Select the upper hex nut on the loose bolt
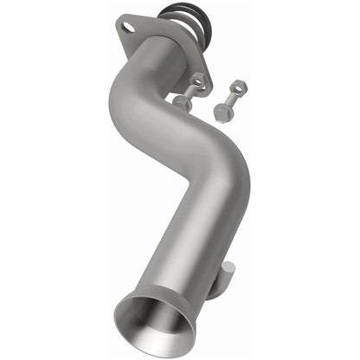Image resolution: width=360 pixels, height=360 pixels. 236,87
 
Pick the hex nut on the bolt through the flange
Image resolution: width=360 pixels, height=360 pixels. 197,80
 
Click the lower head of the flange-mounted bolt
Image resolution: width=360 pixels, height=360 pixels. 183,102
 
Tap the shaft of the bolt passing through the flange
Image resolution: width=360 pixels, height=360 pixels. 190,91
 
